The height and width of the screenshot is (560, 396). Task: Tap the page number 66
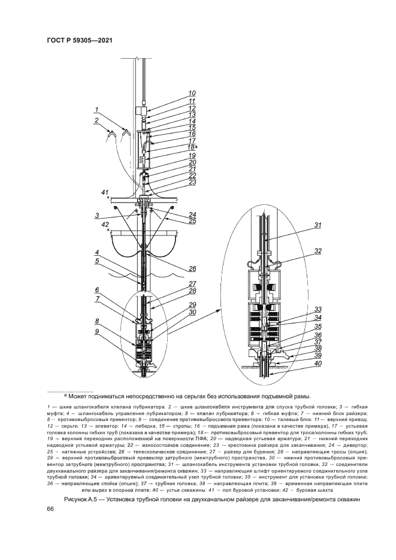tap(50, 508)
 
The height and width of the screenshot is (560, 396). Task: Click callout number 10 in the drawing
tap(192, 93)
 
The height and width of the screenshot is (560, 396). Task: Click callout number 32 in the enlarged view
tap(318, 251)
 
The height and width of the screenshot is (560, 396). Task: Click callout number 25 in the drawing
tap(192, 221)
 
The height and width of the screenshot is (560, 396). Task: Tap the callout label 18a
tap(193, 147)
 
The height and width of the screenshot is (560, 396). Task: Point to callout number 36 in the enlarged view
tap(318, 335)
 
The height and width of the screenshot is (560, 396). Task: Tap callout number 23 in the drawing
tap(192, 182)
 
